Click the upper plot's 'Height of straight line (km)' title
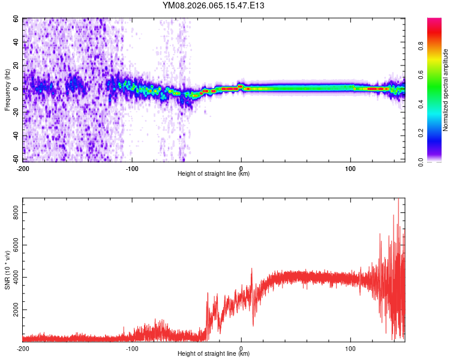point(214,173)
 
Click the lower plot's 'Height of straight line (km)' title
point(214,353)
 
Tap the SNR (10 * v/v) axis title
point(7,269)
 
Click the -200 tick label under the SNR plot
point(23,348)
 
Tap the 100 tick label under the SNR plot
point(350,348)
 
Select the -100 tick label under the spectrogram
point(132,168)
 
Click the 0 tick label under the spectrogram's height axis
point(241,168)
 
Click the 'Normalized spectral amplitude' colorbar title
point(446,90)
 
